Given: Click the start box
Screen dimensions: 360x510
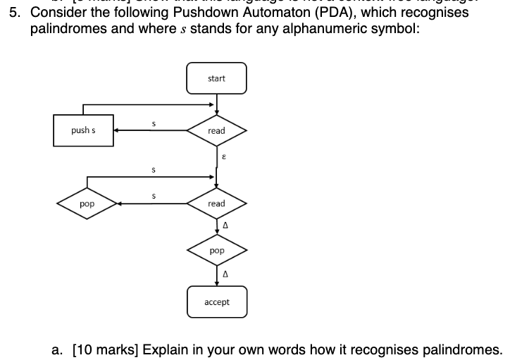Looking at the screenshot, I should click(x=216, y=78).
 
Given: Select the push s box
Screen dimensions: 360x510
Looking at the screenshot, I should click(x=84, y=130).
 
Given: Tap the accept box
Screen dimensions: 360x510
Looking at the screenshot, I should click(x=216, y=302).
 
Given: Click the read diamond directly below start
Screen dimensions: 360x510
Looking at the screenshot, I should click(x=216, y=131).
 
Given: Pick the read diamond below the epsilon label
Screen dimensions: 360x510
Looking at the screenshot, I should click(x=216, y=204).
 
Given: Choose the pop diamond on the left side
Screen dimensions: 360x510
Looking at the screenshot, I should click(x=87, y=204).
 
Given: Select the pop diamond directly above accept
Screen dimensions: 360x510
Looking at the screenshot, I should click(x=216, y=251).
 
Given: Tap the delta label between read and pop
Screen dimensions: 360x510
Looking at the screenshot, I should click(x=224, y=226).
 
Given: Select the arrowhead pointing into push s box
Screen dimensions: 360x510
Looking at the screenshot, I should click(x=118, y=131).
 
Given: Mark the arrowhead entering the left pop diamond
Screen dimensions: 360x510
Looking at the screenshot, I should click(x=120, y=204).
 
